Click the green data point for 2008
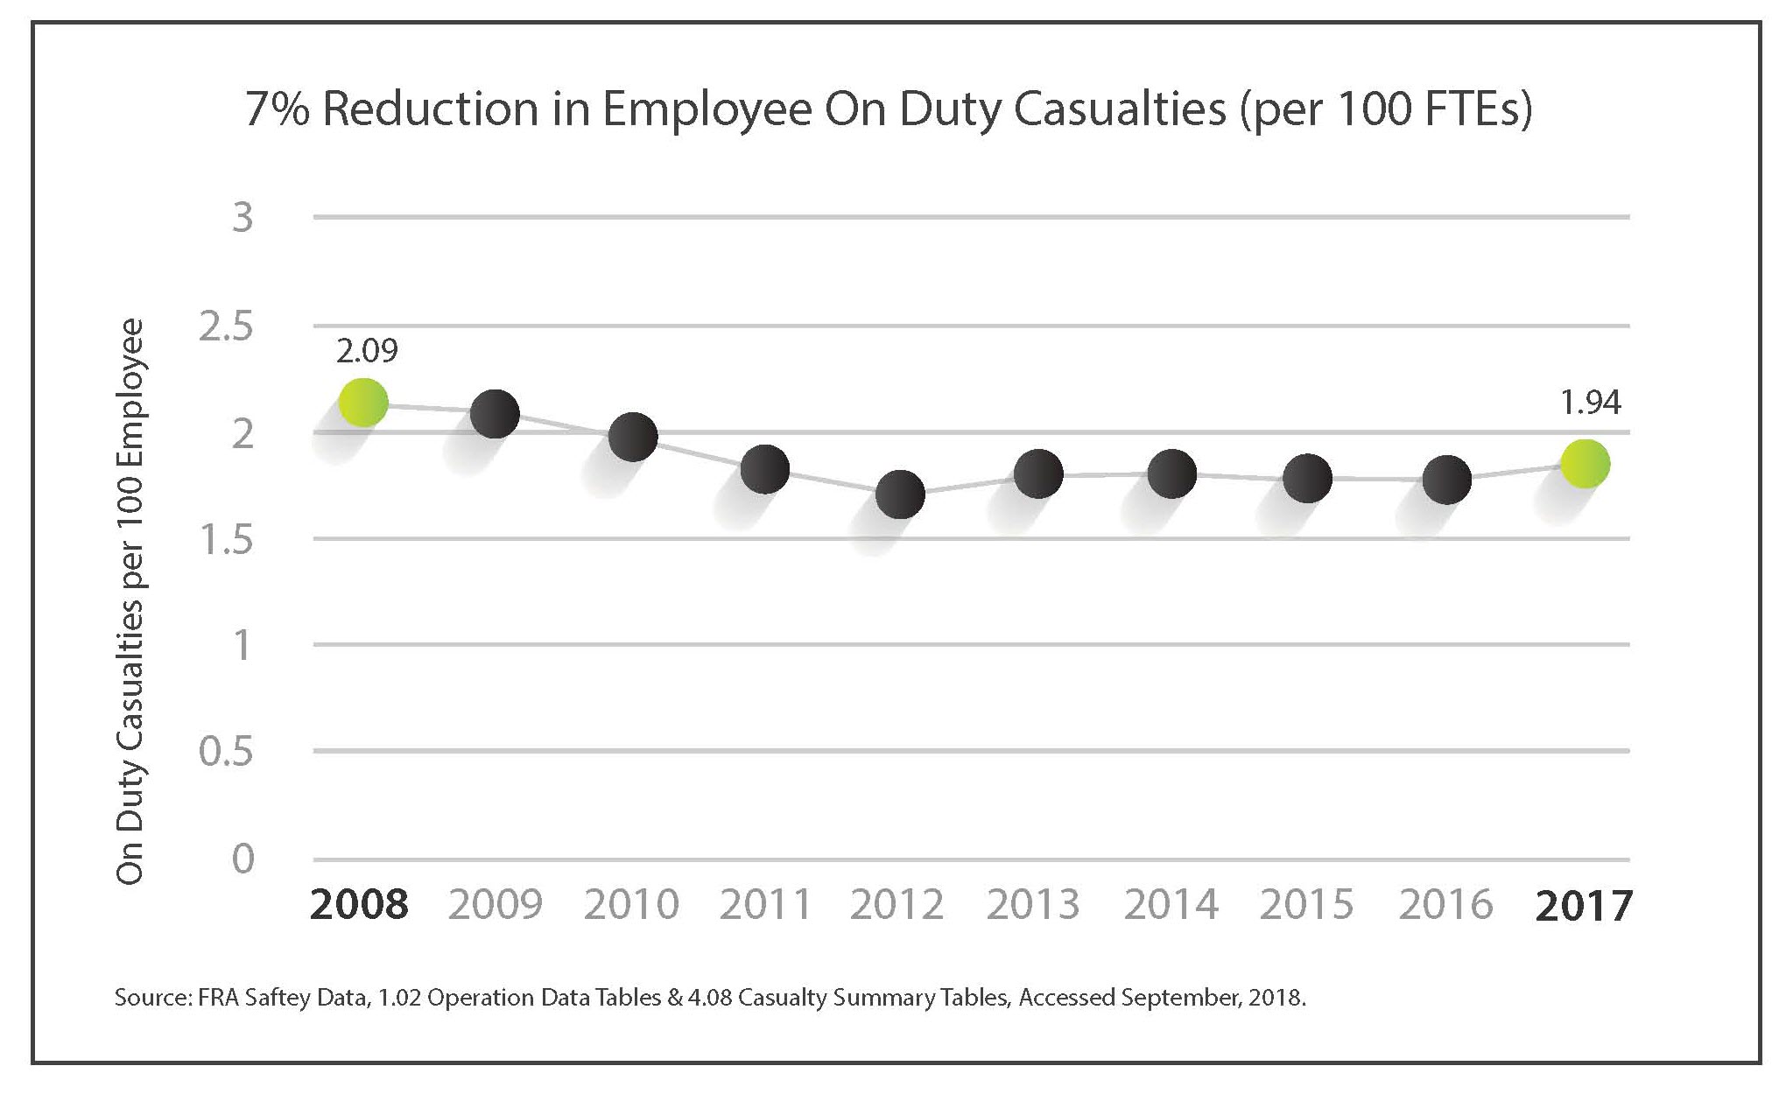tap(363, 403)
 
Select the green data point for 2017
tap(1586, 464)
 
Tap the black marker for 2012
tap(900, 494)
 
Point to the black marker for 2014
tap(1171, 474)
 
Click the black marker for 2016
tap(1446, 480)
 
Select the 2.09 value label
tap(367, 351)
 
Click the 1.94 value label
tap(1590, 403)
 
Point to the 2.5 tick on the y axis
tap(226, 327)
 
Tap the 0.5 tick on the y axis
tap(226, 752)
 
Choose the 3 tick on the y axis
tap(243, 217)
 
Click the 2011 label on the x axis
tap(766, 904)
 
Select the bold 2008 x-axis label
tap(359, 904)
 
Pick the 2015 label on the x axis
tap(1306, 904)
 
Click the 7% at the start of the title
tap(277, 110)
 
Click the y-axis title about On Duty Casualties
tap(130, 601)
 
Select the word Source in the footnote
tap(150, 998)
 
